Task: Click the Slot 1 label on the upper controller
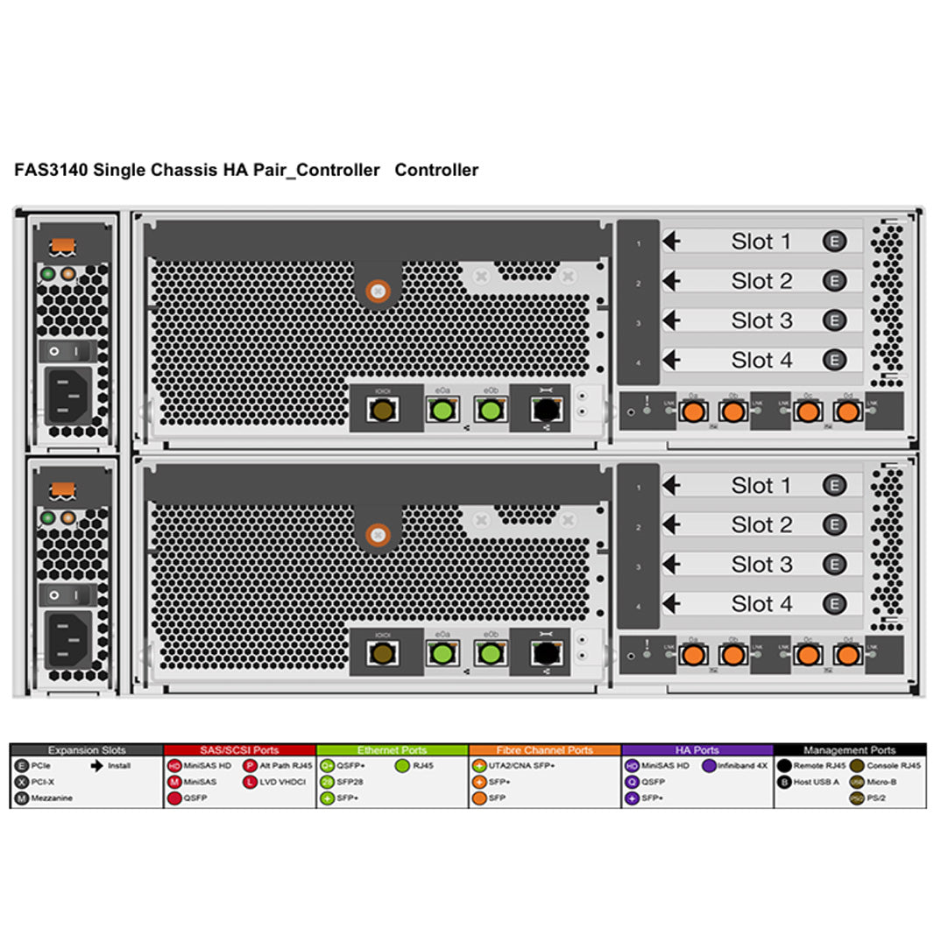761,242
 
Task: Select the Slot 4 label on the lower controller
761,604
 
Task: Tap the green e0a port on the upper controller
442,409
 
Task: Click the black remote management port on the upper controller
546,409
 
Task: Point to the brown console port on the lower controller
381,652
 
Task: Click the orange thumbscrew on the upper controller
378,292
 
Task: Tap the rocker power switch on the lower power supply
68,595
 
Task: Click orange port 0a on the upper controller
693,411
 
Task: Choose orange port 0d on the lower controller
846,654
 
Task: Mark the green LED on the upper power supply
48,274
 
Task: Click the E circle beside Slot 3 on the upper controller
834,320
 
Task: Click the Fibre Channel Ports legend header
544,750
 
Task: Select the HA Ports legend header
697,750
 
